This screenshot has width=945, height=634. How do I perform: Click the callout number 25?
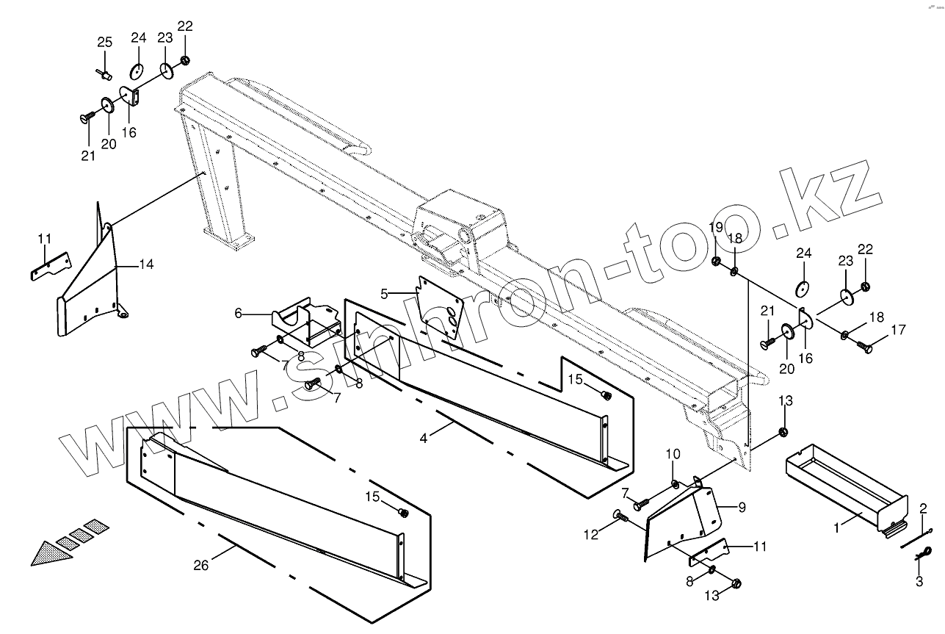point(105,43)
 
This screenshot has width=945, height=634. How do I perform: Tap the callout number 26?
point(200,564)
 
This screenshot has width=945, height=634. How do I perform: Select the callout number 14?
point(146,264)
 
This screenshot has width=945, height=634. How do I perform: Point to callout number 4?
point(424,439)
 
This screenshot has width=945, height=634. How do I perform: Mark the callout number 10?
point(673,455)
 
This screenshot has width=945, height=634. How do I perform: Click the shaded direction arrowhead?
point(51,551)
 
